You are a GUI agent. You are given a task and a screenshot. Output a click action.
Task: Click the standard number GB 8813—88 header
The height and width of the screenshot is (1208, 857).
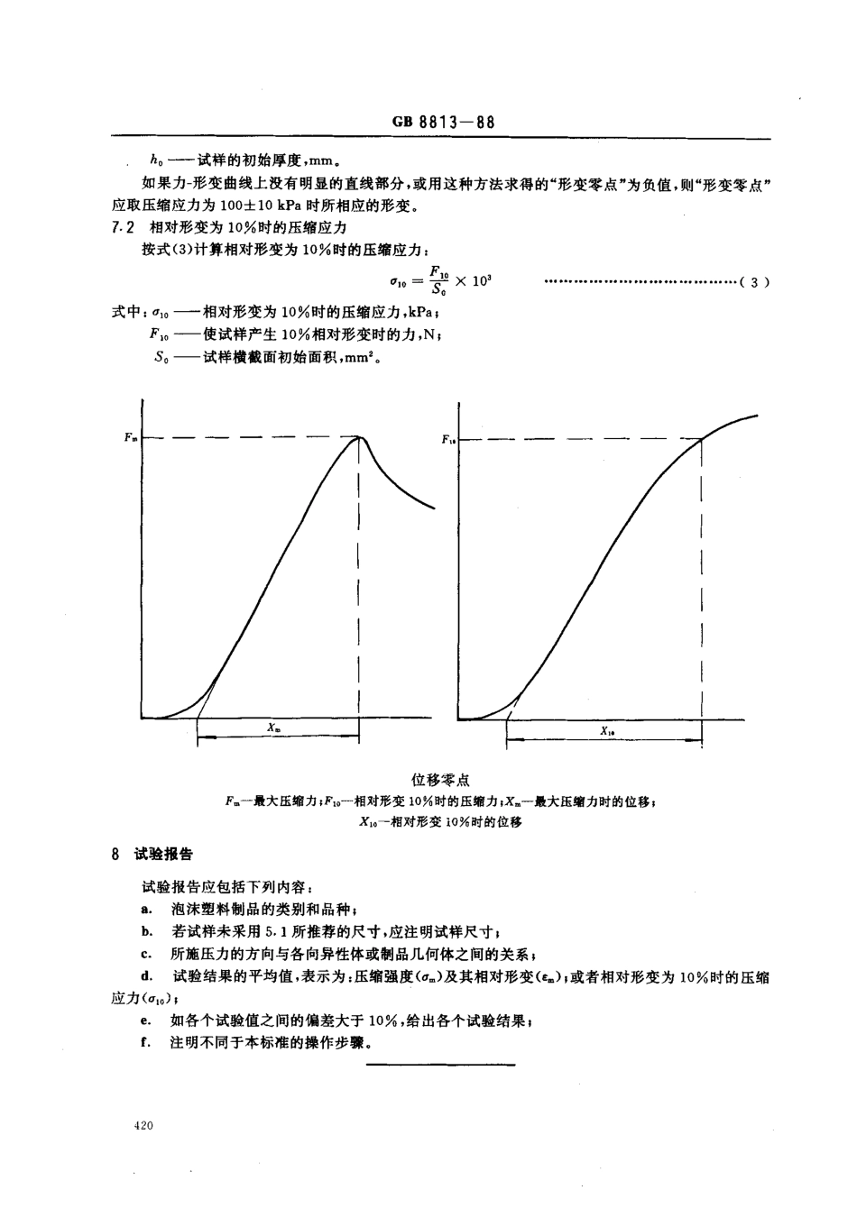coord(444,124)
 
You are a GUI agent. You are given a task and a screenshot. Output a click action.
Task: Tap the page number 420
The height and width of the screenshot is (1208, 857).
coord(143,1126)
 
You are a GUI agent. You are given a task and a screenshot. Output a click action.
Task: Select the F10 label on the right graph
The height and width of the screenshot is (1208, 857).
coord(448,440)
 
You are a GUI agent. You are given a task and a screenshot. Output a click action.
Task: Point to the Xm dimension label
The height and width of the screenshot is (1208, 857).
coord(273,727)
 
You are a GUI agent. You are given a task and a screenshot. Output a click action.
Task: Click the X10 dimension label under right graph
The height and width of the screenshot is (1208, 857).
coord(608,732)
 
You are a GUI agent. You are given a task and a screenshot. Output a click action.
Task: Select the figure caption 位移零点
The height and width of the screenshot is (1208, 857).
coord(440,780)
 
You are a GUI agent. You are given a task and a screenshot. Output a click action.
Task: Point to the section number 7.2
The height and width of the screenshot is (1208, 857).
coord(120,228)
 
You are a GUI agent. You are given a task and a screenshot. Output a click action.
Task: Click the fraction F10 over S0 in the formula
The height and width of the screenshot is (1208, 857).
coord(439,281)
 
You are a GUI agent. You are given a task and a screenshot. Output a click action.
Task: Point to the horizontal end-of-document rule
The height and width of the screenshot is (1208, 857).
coord(440,1066)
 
